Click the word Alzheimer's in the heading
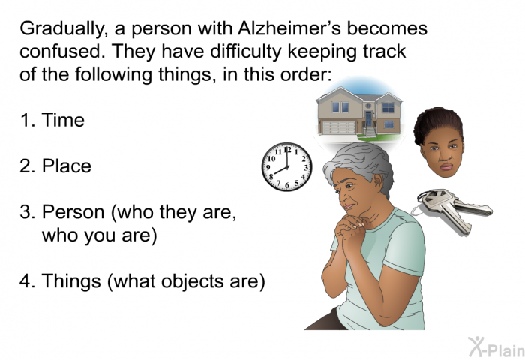click(x=289, y=28)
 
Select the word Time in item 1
click(x=63, y=120)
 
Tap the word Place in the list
click(x=66, y=166)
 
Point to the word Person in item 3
click(x=73, y=212)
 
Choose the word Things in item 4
click(x=71, y=280)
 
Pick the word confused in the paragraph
click(x=62, y=51)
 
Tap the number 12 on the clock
click(x=287, y=150)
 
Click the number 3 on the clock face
click(x=306, y=168)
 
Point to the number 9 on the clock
click(x=268, y=167)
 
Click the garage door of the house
click(x=339, y=127)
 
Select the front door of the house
click(x=369, y=119)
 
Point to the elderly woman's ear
click(x=379, y=182)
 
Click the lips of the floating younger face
click(x=446, y=166)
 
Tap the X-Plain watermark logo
click(x=496, y=347)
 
